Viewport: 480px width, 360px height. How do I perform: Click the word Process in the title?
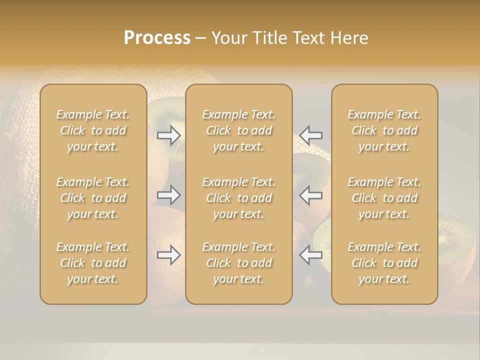pos(157,38)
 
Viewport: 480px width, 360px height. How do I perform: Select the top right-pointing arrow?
pos(169,135)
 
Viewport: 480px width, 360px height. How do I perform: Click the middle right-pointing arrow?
pos(169,195)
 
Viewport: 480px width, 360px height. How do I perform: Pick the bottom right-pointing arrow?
pos(169,255)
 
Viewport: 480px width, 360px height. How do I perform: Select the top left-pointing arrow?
pos(310,135)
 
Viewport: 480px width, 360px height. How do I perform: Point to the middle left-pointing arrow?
pos(310,195)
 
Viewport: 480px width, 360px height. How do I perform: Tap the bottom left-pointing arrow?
pos(310,255)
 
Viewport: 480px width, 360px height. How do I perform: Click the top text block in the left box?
pos(93,130)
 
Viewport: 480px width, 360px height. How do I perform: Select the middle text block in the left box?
pos(93,198)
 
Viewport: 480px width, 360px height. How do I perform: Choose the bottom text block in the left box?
pos(93,263)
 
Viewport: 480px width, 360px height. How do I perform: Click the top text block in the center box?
pos(238,130)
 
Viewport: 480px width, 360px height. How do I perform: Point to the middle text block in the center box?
pos(238,198)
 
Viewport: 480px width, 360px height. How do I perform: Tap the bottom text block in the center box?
pos(238,263)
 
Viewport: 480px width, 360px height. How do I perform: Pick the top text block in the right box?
pos(384,130)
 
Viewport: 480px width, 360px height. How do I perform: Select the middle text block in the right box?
pos(384,198)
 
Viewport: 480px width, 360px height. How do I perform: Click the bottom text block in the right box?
pos(384,263)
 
